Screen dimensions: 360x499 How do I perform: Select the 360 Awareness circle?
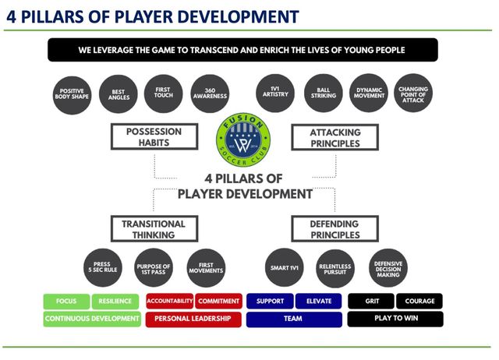[209, 95]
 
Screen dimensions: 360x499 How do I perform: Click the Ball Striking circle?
[323, 95]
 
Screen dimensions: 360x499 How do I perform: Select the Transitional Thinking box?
[154, 229]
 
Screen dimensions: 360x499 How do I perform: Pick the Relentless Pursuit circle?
[334, 269]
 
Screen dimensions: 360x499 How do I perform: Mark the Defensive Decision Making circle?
[388, 269]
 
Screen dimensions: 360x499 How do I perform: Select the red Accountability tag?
[169, 301]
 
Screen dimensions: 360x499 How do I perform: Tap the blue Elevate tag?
[318, 301]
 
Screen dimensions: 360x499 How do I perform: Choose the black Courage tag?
[419, 301]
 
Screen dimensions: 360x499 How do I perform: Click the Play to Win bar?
[395, 319]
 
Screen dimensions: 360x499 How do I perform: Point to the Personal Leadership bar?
[193, 319]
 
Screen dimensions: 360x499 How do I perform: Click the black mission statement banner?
[247, 50]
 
